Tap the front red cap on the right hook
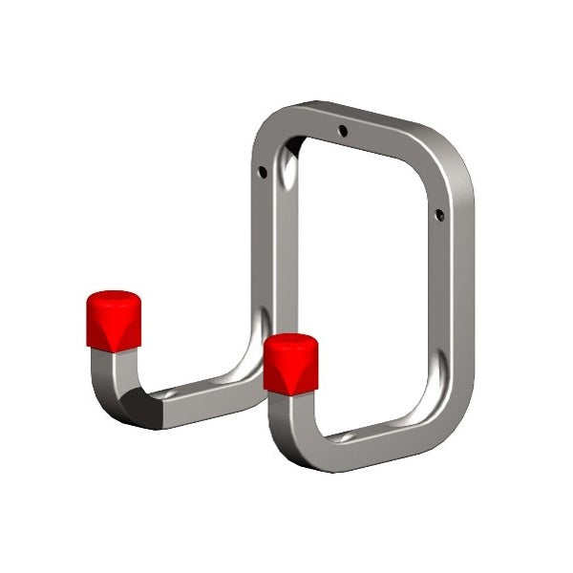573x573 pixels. [x=290, y=367]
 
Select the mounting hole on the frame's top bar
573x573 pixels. [x=343, y=130]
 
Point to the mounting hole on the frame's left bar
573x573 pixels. [x=263, y=172]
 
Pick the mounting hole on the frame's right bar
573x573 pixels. [x=439, y=215]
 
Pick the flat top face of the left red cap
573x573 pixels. [x=114, y=298]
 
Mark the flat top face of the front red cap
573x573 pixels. [x=290, y=341]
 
